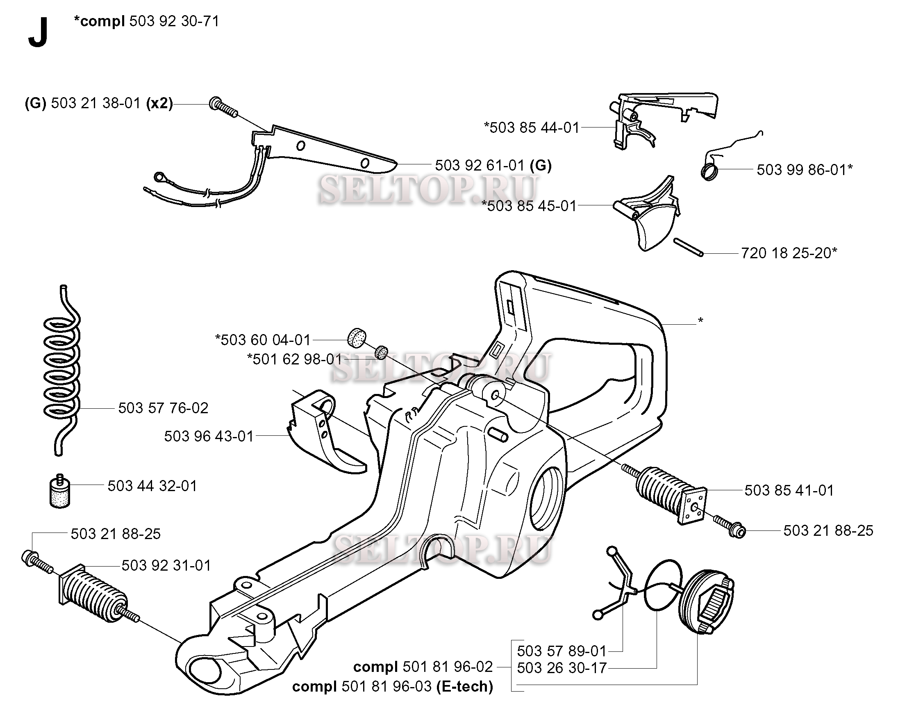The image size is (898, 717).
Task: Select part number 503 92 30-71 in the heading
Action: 174,21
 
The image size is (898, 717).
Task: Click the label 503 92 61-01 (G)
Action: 493,165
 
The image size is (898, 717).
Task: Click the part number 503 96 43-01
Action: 209,436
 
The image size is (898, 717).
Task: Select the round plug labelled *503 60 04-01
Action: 357,337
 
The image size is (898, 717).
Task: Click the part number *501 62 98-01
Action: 294,359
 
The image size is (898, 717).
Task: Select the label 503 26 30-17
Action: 562,668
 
